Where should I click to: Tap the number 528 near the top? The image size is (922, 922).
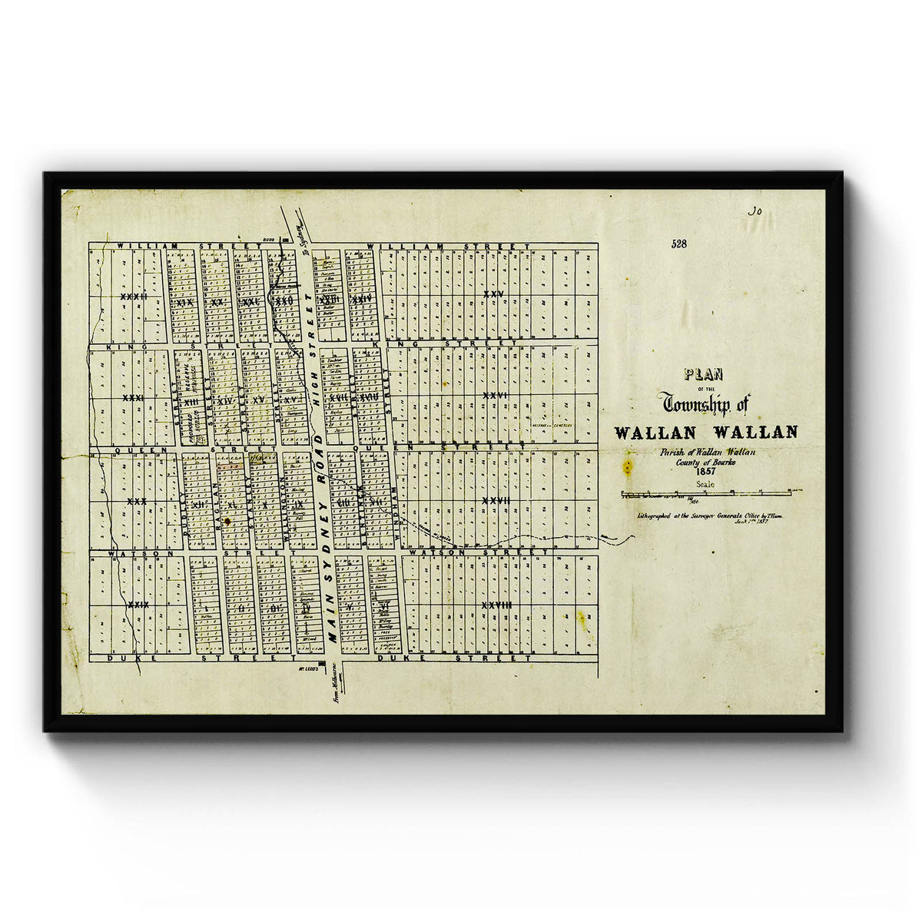[x=678, y=244]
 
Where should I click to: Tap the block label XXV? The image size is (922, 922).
[x=493, y=295]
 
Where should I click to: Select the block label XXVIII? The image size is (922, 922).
[x=496, y=605]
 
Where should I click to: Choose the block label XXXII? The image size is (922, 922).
[x=134, y=296]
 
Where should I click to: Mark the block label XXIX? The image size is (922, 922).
[x=138, y=605]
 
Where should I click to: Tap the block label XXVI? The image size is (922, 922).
[x=495, y=395]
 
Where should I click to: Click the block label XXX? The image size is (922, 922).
[x=137, y=501]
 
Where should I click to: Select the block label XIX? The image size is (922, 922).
[x=184, y=303]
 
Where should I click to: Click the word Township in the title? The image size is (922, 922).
[x=699, y=402]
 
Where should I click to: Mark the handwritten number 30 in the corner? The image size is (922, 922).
[x=754, y=209]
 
